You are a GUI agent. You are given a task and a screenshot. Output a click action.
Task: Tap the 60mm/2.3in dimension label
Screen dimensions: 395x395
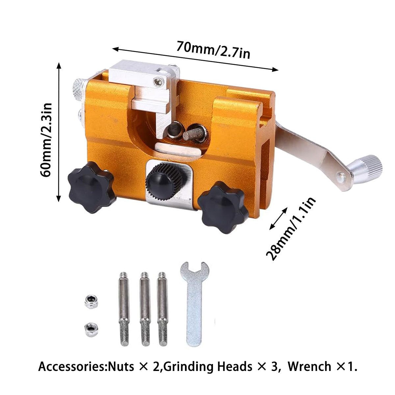[45, 140]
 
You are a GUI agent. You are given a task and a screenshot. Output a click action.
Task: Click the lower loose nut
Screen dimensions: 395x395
[91, 329]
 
